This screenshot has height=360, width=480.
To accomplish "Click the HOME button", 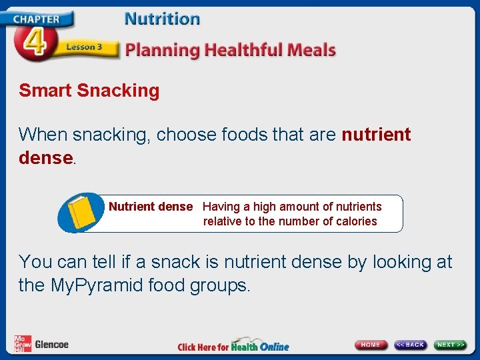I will [x=371, y=345].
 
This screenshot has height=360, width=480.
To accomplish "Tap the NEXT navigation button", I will [x=451, y=345].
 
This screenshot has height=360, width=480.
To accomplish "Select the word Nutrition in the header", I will [x=162, y=19].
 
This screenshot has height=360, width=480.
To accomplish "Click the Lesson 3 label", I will [x=83, y=47].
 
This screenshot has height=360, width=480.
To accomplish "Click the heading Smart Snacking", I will [x=89, y=91].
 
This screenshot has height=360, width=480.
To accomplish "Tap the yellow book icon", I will [x=81, y=212].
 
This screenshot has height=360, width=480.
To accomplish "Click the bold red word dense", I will [x=45, y=157].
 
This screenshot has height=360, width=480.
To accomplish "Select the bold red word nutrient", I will [x=376, y=135].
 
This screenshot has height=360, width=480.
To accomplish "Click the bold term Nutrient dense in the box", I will [x=150, y=207].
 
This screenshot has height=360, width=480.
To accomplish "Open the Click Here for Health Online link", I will [x=233, y=346].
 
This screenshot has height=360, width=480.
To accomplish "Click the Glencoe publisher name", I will [x=51, y=345].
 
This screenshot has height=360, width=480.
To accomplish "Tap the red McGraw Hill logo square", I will [x=23, y=343].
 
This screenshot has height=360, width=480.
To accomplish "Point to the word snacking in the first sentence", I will [x=111, y=135].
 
